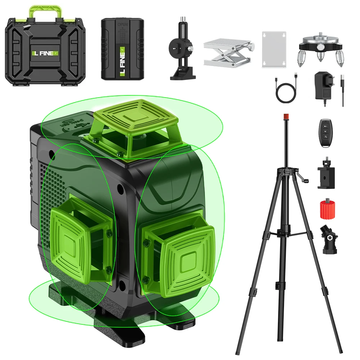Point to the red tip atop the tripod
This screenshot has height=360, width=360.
coord(287,116)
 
